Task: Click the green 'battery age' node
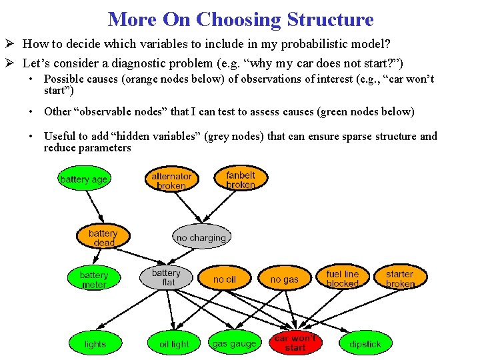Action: coord(83,179)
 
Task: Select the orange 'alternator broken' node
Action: coord(171,181)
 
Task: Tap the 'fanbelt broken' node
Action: coord(240,179)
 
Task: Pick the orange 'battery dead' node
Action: coord(103,238)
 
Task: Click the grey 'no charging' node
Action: coord(201,237)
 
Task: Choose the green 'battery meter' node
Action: coord(94,279)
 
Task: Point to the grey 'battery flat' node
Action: coord(166,277)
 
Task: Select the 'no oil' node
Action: coord(225,279)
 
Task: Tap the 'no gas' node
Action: coord(285,279)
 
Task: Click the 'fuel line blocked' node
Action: coord(342,279)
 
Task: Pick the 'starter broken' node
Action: coord(400,279)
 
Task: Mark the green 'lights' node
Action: coord(95,344)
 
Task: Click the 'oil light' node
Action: coord(174,344)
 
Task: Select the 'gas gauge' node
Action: coord(234,344)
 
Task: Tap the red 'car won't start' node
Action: coord(295,343)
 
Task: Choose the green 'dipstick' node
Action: coord(365,344)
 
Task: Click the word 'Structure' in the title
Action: coord(330,19)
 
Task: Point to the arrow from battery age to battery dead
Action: coord(94,207)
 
